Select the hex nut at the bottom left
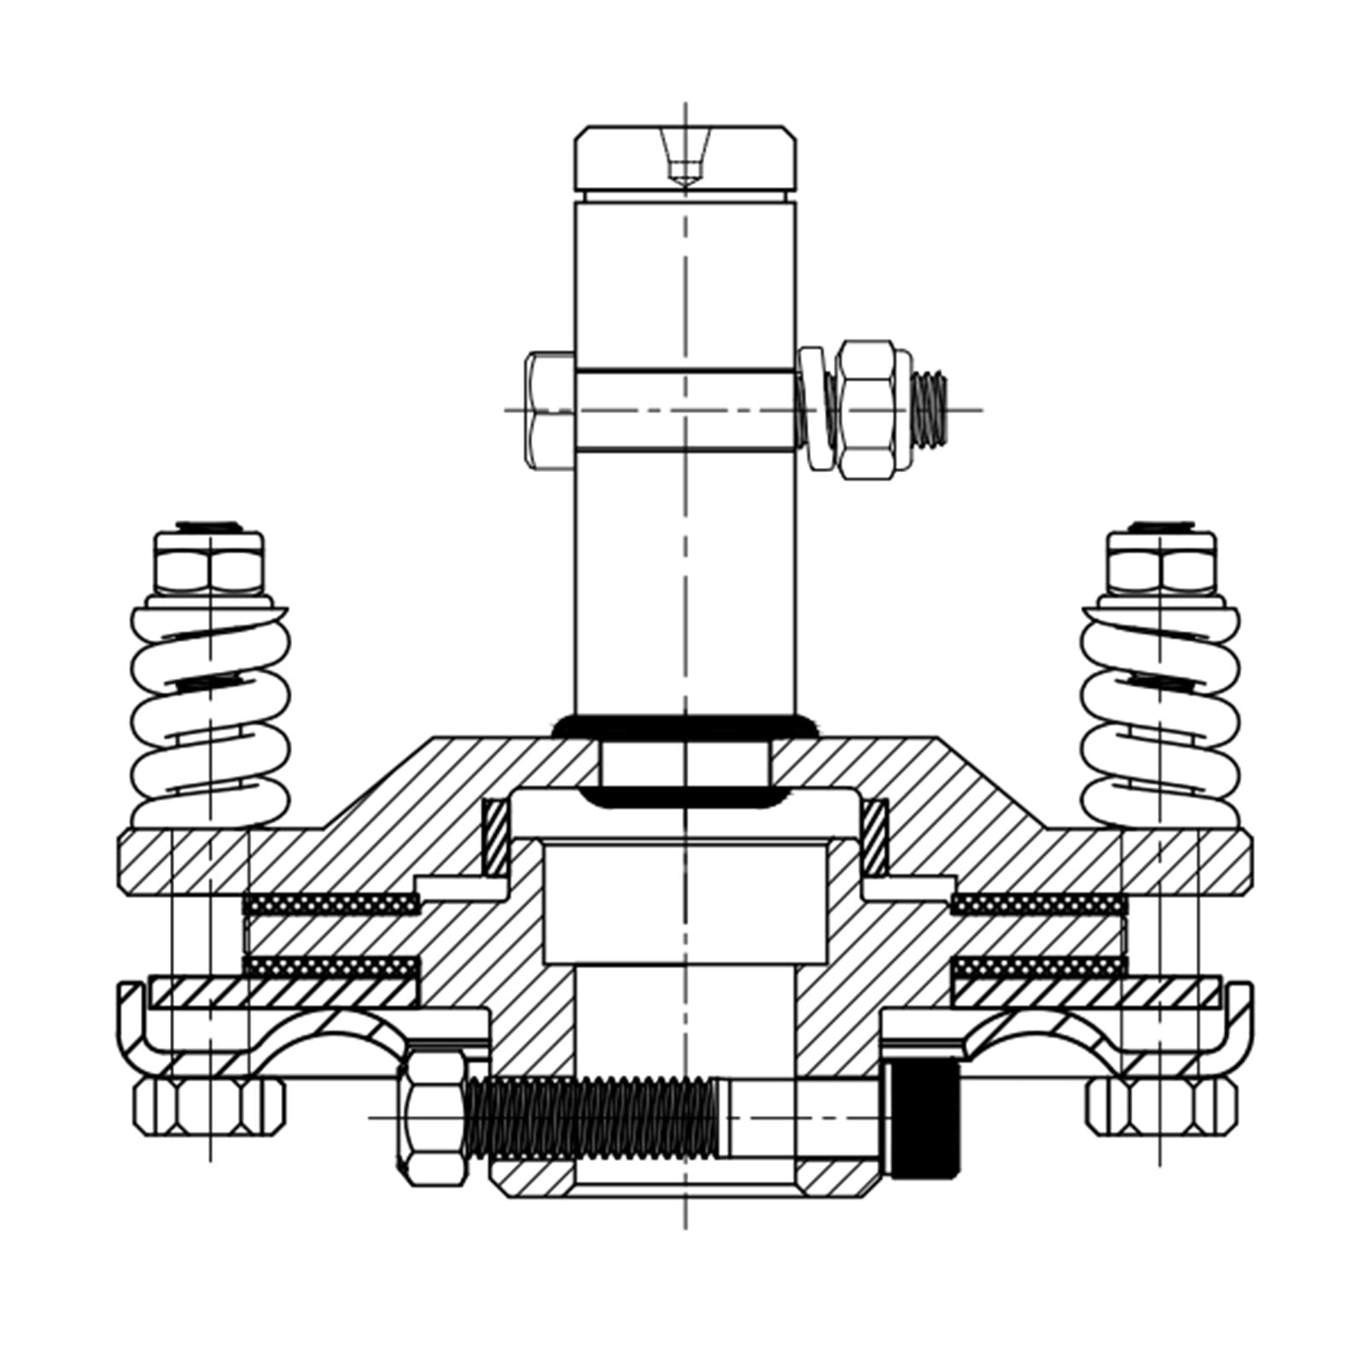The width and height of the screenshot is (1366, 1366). coord(209,1106)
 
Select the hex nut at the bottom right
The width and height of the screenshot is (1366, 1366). coord(1161,1106)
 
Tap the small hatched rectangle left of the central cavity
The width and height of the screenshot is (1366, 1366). coord(495,837)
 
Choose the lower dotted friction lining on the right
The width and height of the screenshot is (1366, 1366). coord(1038,966)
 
